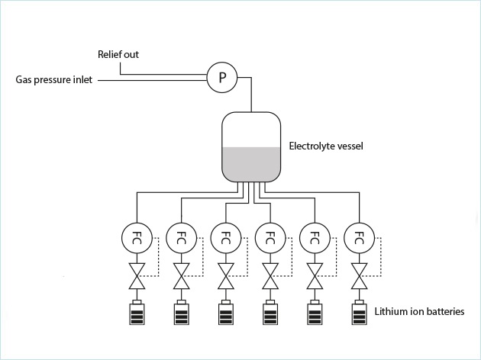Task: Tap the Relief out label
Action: point(118,55)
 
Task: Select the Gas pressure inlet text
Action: point(54,79)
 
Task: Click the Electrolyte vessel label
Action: point(326,146)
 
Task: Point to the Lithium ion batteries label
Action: point(419,311)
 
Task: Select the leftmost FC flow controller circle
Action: point(137,236)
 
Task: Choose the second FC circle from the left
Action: point(181,236)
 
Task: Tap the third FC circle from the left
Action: point(225,236)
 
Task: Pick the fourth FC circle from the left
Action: point(270,236)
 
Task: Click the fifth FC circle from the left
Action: point(314,236)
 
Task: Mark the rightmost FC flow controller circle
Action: point(358,236)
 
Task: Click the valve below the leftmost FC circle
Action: point(137,276)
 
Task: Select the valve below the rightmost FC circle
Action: point(358,276)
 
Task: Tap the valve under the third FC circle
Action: point(225,276)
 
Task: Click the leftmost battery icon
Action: point(137,313)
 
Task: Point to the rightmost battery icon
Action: point(358,313)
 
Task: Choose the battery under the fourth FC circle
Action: point(270,313)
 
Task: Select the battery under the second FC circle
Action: point(181,313)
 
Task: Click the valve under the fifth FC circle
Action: point(314,276)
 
